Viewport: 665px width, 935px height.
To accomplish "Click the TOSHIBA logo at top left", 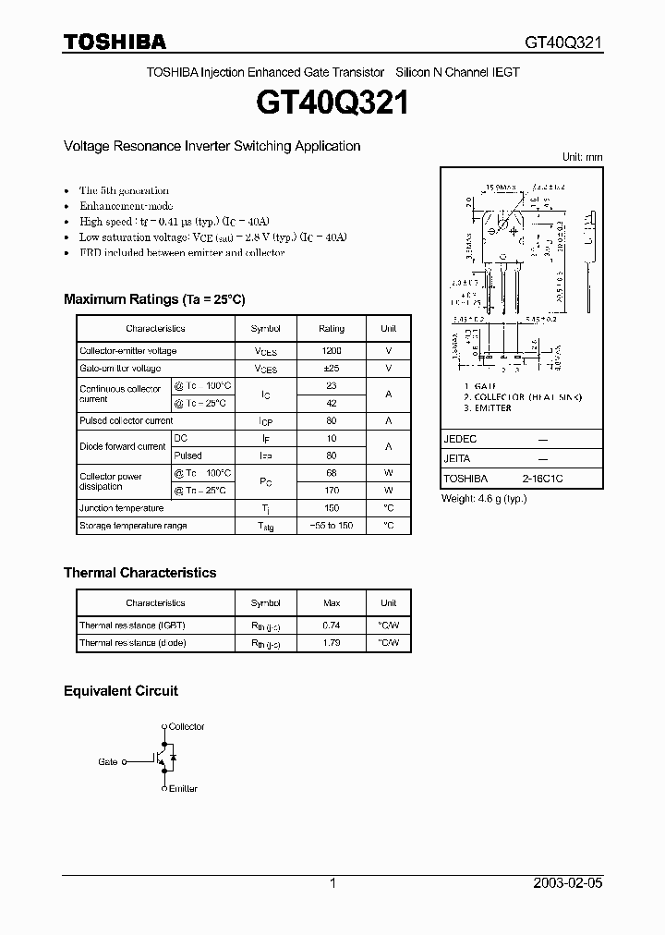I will pyautogui.click(x=115, y=42).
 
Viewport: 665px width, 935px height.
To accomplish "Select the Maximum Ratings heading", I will pyautogui.click(x=154, y=299).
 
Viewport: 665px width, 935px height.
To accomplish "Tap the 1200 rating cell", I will pyautogui.click(x=332, y=351).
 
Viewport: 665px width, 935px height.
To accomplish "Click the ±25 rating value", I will pyautogui.click(x=332, y=369).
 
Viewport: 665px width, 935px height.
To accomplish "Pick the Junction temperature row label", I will pyautogui.click(x=122, y=508).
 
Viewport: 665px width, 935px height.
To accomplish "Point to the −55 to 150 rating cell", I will pyautogui.click(x=332, y=526).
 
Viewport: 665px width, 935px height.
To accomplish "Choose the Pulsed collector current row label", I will pyautogui.click(x=127, y=420).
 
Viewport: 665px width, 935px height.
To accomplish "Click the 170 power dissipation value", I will pyautogui.click(x=332, y=491).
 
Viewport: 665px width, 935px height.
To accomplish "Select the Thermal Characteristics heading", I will pyautogui.click(x=139, y=573).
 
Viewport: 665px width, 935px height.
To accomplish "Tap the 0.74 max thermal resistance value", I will pyautogui.click(x=332, y=625).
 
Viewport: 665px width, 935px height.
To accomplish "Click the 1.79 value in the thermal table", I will pyautogui.click(x=332, y=643).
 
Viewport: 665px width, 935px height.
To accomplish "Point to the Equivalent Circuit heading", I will pyautogui.click(x=120, y=691).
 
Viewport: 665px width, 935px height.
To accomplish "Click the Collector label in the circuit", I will pyautogui.click(x=187, y=727).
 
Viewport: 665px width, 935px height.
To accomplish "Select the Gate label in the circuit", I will pyautogui.click(x=108, y=762).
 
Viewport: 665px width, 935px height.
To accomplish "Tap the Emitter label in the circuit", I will pyautogui.click(x=183, y=789).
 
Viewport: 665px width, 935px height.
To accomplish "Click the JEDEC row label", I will pyautogui.click(x=460, y=440).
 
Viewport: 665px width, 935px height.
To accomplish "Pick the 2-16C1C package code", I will pyautogui.click(x=543, y=479).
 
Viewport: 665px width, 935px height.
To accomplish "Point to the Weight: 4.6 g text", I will pyautogui.click(x=484, y=499).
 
